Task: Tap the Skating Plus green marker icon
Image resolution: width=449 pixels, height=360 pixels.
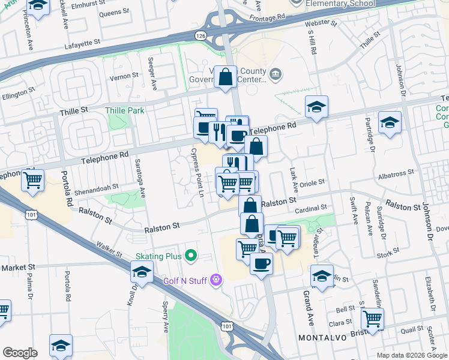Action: click(x=191, y=257)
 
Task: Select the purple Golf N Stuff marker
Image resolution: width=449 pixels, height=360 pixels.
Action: click(x=217, y=280)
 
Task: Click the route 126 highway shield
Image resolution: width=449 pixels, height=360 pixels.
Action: click(x=200, y=37)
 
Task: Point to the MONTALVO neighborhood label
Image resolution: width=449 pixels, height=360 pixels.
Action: click(x=323, y=338)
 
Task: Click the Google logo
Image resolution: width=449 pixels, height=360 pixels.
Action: click(x=20, y=353)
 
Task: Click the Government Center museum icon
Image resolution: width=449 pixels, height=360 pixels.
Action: click(x=276, y=74)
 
